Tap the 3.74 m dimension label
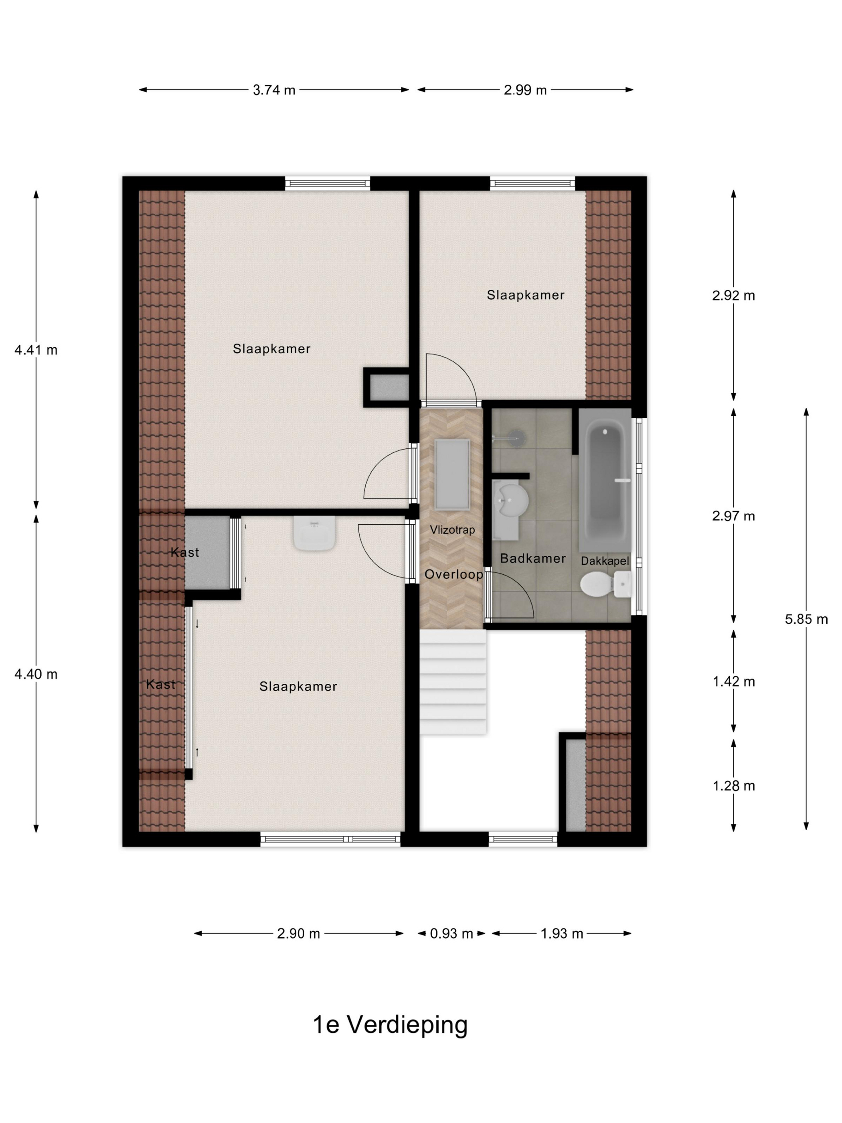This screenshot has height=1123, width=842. (274, 90)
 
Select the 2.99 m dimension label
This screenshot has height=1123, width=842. (525, 90)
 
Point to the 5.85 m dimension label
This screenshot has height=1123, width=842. (806, 619)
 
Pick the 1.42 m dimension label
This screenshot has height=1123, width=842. (733, 681)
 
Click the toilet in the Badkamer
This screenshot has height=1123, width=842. (604, 584)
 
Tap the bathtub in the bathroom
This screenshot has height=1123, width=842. (605, 482)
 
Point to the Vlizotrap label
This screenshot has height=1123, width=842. (452, 530)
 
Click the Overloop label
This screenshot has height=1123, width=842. (453, 574)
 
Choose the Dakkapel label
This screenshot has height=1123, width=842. (605, 561)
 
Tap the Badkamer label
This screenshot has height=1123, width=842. (532, 558)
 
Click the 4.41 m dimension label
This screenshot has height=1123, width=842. (36, 350)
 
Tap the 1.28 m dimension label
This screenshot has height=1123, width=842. (733, 786)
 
